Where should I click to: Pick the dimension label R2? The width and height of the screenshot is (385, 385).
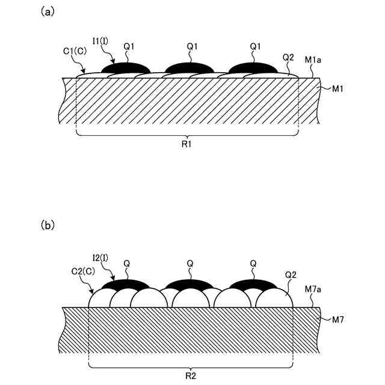[x=190, y=375]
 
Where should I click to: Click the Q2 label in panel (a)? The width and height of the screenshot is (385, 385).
[x=289, y=57]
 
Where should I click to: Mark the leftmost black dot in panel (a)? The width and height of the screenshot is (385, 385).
[x=125, y=67]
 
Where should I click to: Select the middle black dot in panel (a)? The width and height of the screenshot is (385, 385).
[x=189, y=67]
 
